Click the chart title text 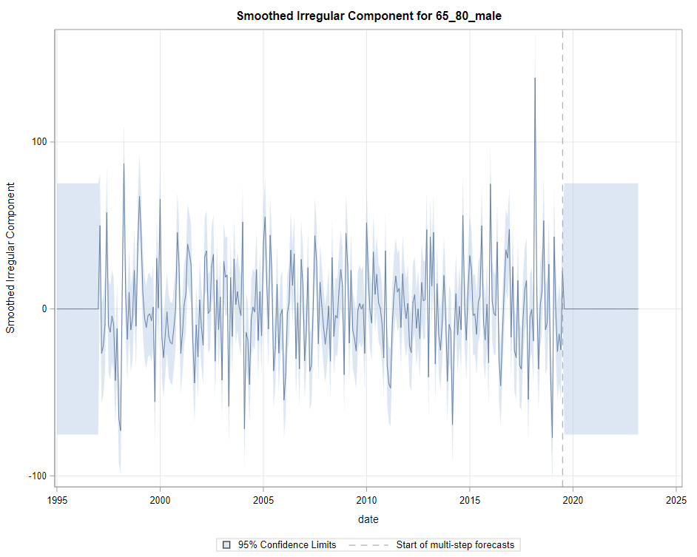click(368, 16)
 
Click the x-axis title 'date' click(368, 519)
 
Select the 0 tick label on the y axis click(44, 308)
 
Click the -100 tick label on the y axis click(36, 476)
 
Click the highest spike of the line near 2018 click(534, 78)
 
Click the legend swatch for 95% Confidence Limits click(226, 545)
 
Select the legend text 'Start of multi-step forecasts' click(454, 545)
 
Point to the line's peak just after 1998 click(124, 163)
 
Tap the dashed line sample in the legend click(368, 545)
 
